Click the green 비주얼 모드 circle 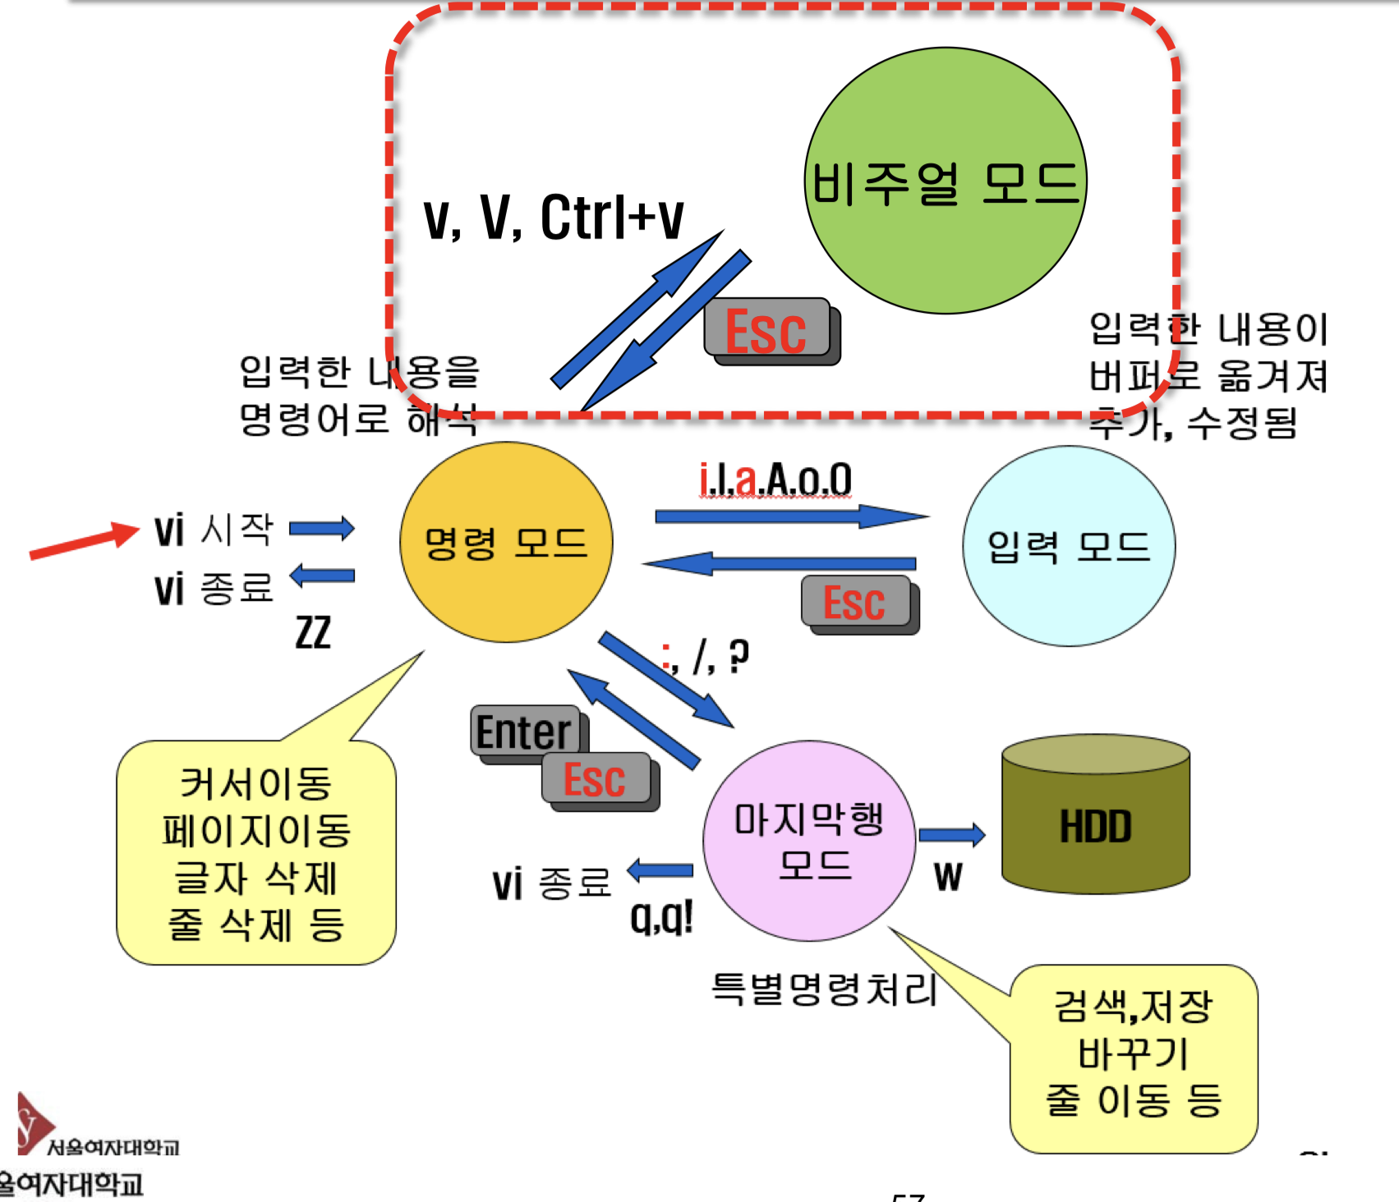tap(945, 181)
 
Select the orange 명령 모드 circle tap(506, 542)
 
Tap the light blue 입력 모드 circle tap(1068, 546)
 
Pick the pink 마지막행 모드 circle tap(809, 841)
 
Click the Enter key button tap(524, 731)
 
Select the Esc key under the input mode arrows tap(855, 602)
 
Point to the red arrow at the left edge tap(82, 542)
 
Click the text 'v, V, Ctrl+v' tap(553, 218)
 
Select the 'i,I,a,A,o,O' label tap(775, 479)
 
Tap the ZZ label tap(313, 632)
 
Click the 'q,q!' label tap(661, 916)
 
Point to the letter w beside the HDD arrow tap(947, 877)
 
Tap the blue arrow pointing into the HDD tap(951, 835)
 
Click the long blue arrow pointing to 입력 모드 tap(790, 516)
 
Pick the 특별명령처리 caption tap(824, 989)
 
